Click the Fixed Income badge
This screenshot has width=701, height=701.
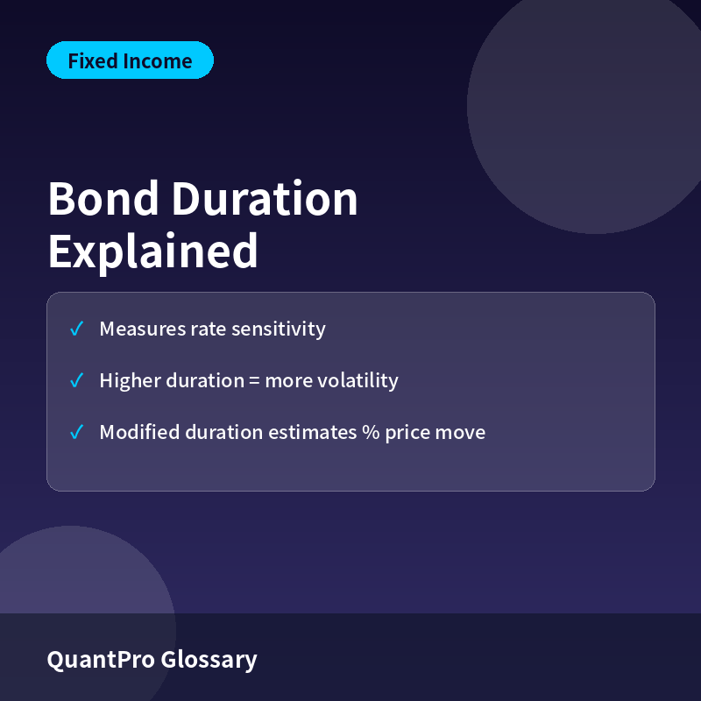click(130, 60)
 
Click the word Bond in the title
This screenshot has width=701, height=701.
click(103, 199)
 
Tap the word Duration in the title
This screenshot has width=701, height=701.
click(265, 199)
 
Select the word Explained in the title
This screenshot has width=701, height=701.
click(152, 251)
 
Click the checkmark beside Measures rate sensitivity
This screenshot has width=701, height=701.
click(76, 329)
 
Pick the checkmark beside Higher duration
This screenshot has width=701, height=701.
click(76, 380)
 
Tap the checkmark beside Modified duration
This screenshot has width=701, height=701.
click(76, 432)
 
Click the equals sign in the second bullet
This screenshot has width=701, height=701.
click(254, 381)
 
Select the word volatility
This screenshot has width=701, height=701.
click(358, 381)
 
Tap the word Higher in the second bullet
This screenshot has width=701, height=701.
click(130, 381)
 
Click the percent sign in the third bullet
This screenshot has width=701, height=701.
click(371, 432)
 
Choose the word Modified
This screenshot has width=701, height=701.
click(139, 432)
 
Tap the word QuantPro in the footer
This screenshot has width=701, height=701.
click(101, 660)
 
